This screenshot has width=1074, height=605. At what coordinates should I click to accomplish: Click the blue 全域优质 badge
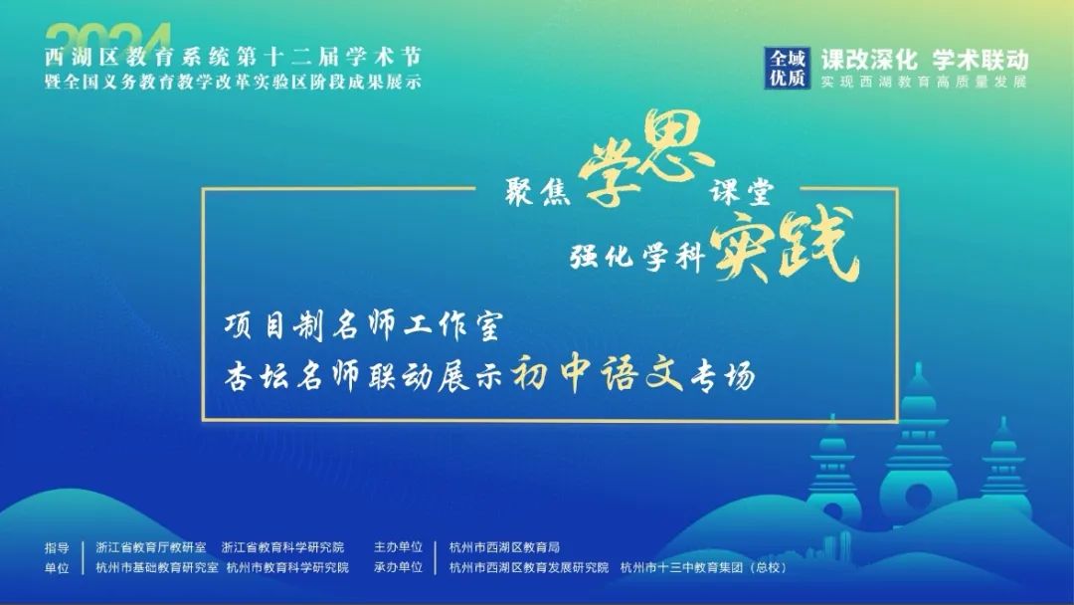pos(787,68)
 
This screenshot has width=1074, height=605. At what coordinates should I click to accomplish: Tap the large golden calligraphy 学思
pos(643,159)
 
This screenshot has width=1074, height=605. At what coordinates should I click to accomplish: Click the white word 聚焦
pos(538,191)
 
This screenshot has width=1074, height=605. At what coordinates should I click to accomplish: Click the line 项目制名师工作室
pos(364,325)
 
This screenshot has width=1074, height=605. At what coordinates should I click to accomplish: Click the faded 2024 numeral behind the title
pos(109,36)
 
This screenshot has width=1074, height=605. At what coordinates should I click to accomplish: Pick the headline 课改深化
pos(869,60)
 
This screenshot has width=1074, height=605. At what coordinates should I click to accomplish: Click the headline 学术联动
pos(981,60)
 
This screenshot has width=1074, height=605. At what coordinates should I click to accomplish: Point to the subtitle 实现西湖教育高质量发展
pos(925,82)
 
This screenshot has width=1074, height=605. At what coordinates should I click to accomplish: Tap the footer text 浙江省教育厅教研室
pos(151,547)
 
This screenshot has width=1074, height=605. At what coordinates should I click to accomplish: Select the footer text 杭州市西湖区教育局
pos(505,547)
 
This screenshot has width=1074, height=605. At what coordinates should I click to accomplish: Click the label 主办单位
pos(398,546)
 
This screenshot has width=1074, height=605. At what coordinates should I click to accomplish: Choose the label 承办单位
pos(398,567)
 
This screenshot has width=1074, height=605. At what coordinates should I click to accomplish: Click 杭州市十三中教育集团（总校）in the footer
pos(704,567)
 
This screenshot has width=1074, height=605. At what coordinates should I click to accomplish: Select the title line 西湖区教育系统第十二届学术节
pos(234,57)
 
